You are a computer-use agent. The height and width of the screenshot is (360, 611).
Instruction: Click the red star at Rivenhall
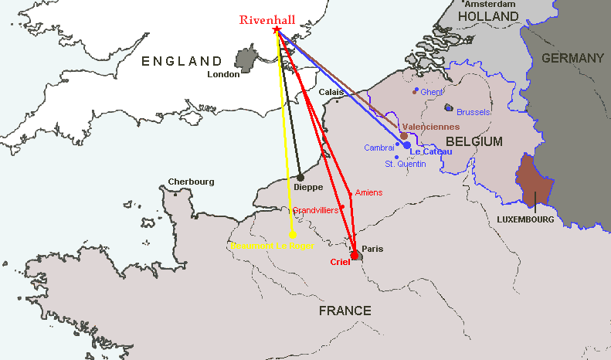tap(277, 30)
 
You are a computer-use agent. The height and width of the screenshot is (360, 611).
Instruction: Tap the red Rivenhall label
tap(266, 20)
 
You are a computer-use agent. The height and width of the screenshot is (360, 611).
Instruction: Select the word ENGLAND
tap(182, 61)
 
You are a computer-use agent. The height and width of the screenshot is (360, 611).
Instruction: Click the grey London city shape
tap(247, 59)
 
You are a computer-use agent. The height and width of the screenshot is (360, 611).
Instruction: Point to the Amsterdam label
tap(484, 4)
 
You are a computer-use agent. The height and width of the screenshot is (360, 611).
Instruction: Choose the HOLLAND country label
tap(488, 16)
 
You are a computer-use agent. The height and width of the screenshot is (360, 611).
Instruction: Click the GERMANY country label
tap(572, 58)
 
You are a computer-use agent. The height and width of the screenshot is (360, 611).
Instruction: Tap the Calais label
tap(331, 91)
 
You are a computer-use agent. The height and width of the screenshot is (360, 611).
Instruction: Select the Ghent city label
tap(432, 92)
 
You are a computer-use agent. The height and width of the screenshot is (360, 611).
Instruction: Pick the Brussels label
tap(473, 112)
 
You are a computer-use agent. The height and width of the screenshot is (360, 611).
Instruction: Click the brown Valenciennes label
tap(431, 127)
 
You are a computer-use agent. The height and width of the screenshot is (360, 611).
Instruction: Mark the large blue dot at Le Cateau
tap(407, 145)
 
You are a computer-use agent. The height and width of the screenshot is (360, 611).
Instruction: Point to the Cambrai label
tap(379, 148)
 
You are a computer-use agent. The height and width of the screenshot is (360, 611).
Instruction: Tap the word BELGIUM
tap(474, 142)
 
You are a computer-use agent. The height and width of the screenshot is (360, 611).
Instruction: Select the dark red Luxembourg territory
tap(535, 182)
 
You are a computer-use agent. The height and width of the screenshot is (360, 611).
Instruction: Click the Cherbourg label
tap(191, 182)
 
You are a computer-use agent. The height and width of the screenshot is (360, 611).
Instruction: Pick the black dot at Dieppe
tap(300, 178)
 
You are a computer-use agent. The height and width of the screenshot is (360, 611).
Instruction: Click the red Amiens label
tap(368, 192)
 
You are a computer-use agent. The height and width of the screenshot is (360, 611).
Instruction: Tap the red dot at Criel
tap(355, 254)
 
